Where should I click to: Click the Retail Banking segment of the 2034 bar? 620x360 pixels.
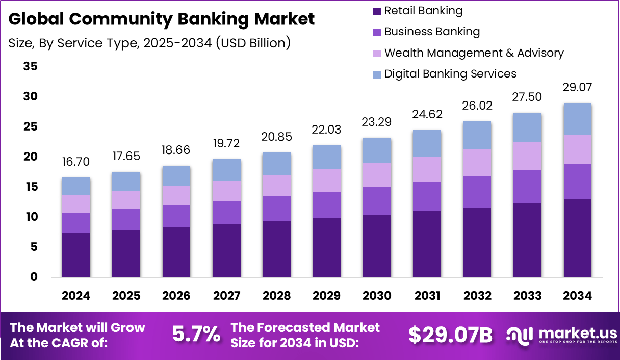577,238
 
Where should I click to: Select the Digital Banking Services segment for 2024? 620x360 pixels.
76,186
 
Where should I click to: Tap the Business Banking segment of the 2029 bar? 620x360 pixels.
326,205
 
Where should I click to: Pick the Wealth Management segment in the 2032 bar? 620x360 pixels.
477,163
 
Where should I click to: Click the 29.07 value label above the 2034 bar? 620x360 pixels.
578,87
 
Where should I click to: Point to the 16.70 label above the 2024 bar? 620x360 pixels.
76,162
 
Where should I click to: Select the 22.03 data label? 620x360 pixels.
326,130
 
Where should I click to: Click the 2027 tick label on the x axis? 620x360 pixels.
226,296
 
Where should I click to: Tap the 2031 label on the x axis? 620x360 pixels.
427,296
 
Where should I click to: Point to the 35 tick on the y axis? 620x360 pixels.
30,67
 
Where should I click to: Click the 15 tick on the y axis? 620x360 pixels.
30,187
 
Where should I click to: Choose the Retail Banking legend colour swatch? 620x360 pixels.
377,11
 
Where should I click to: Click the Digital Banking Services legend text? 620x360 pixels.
450,74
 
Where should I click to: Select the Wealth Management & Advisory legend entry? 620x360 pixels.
474,53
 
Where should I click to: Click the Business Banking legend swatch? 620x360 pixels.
377,32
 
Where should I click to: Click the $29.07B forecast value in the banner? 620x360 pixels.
450,335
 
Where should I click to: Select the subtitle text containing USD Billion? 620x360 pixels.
149,43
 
